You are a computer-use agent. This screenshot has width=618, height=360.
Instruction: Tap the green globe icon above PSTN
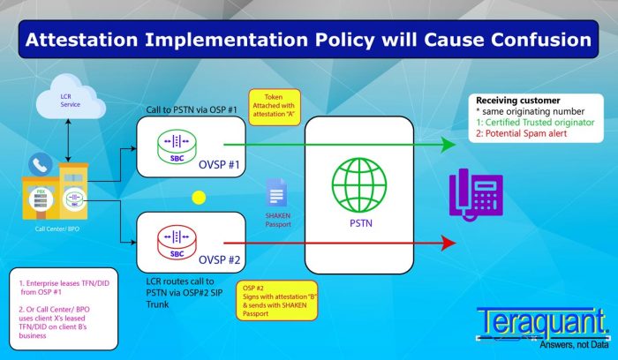coord(358,184)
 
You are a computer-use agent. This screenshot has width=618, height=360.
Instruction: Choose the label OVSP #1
coord(219,164)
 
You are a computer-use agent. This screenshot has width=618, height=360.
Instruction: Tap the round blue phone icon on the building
coord(41,164)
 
